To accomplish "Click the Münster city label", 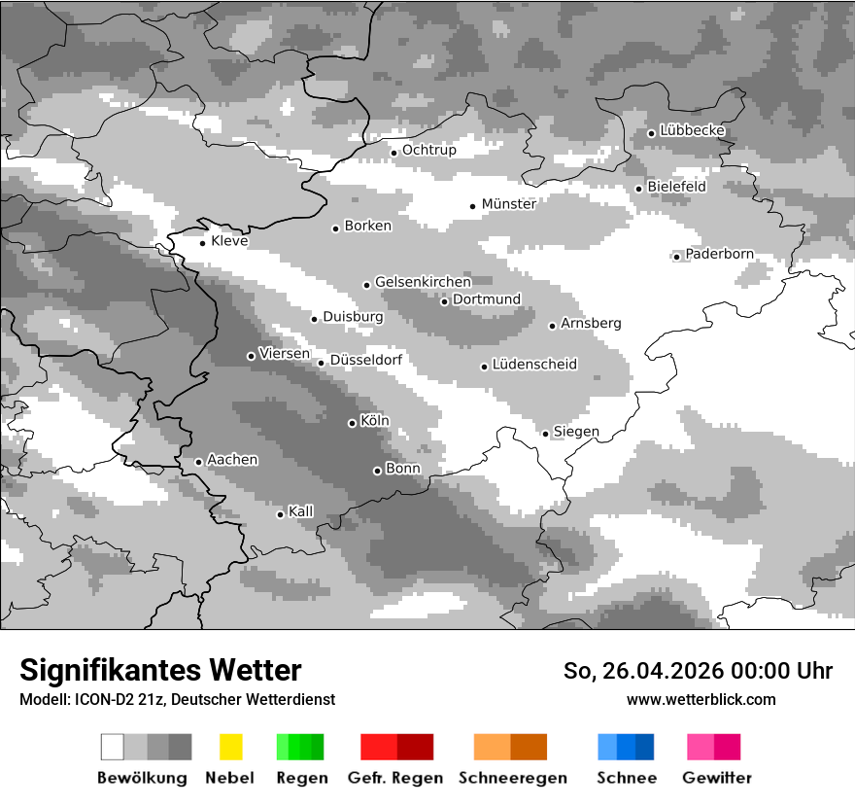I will [508, 204].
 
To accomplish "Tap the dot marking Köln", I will [352, 423].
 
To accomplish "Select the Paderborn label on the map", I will [719, 255].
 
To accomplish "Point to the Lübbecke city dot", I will [651, 133].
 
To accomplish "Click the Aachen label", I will [232, 460].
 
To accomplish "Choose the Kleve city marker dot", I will [202, 243].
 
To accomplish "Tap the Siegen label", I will [576, 432].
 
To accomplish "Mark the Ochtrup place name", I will [428, 151].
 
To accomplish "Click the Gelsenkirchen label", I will [423, 283].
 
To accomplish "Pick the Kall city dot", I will [280, 514].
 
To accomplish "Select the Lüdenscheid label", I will [534, 365].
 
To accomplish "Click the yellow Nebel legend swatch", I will [230, 747].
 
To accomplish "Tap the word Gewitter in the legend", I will [716, 778].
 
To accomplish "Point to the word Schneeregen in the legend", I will [512, 778].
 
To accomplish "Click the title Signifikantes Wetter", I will [160, 671].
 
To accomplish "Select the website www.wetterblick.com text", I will [701, 700].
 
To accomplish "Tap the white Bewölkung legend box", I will [113, 747].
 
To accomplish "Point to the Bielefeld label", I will [676, 187].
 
